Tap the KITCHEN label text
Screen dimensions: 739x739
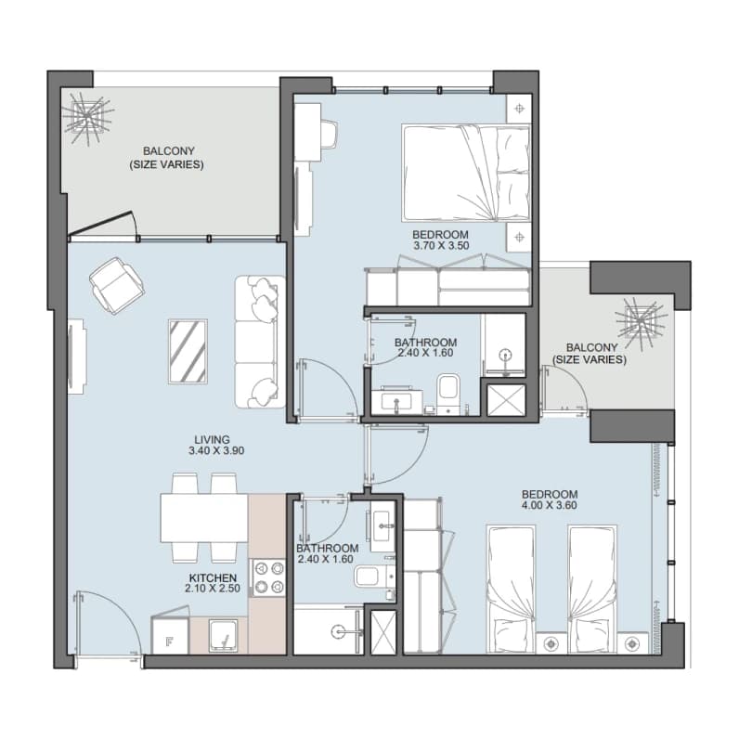(x=213, y=577)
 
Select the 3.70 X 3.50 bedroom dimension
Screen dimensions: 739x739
(x=441, y=245)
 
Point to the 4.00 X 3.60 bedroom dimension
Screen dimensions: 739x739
(x=550, y=505)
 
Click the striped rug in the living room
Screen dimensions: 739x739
(x=188, y=351)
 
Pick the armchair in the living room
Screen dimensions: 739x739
(x=116, y=285)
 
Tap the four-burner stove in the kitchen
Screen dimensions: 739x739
(x=266, y=577)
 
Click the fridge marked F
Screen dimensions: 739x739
(x=170, y=635)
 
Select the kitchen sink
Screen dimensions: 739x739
(x=224, y=636)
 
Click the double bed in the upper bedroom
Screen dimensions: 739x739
(x=466, y=173)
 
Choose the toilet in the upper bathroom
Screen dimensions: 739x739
(x=448, y=394)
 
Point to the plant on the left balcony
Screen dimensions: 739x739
(x=87, y=118)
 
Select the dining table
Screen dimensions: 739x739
(x=204, y=517)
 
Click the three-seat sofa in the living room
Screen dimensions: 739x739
(x=260, y=342)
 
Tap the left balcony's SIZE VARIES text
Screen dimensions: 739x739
(x=166, y=165)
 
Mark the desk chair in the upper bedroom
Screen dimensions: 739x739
(x=329, y=133)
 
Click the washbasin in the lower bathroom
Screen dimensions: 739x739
(x=382, y=526)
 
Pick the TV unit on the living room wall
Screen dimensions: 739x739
(x=77, y=357)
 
